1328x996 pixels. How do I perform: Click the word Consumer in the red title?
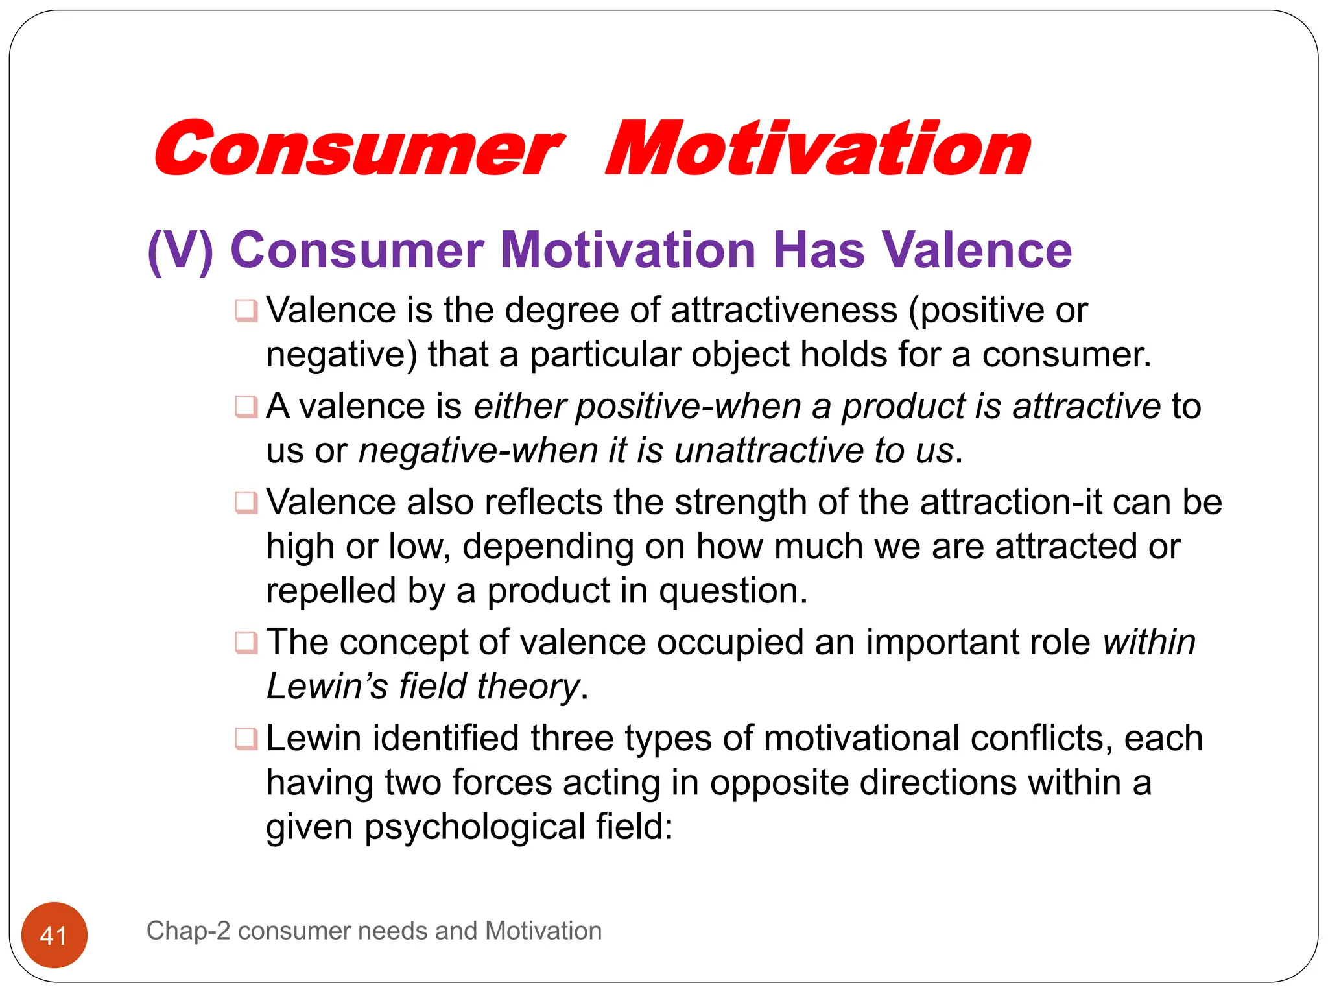point(358,149)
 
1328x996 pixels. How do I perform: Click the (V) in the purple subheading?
point(180,250)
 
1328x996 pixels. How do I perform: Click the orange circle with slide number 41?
point(54,934)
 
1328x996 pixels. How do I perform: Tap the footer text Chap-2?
point(188,931)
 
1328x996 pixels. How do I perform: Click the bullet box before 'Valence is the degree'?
point(246,310)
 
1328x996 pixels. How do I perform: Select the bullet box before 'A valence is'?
point(246,407)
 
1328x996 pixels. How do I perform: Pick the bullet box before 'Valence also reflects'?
point(246,502)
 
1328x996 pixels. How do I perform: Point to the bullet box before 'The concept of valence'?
point(246,642)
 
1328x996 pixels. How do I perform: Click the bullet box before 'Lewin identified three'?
point(246,738)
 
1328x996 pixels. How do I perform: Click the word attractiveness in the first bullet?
point(783,310)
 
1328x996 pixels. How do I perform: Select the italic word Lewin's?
point(327,686)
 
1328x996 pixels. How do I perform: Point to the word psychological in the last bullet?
point(475,827)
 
